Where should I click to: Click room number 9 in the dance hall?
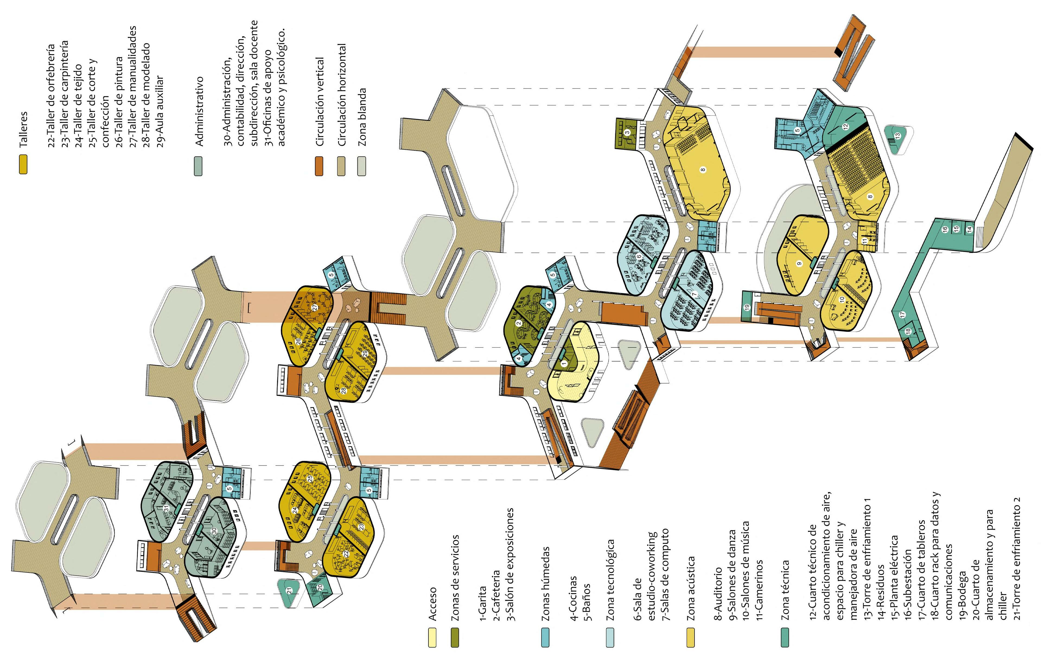[799, 263]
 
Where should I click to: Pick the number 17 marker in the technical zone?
[902, 315]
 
